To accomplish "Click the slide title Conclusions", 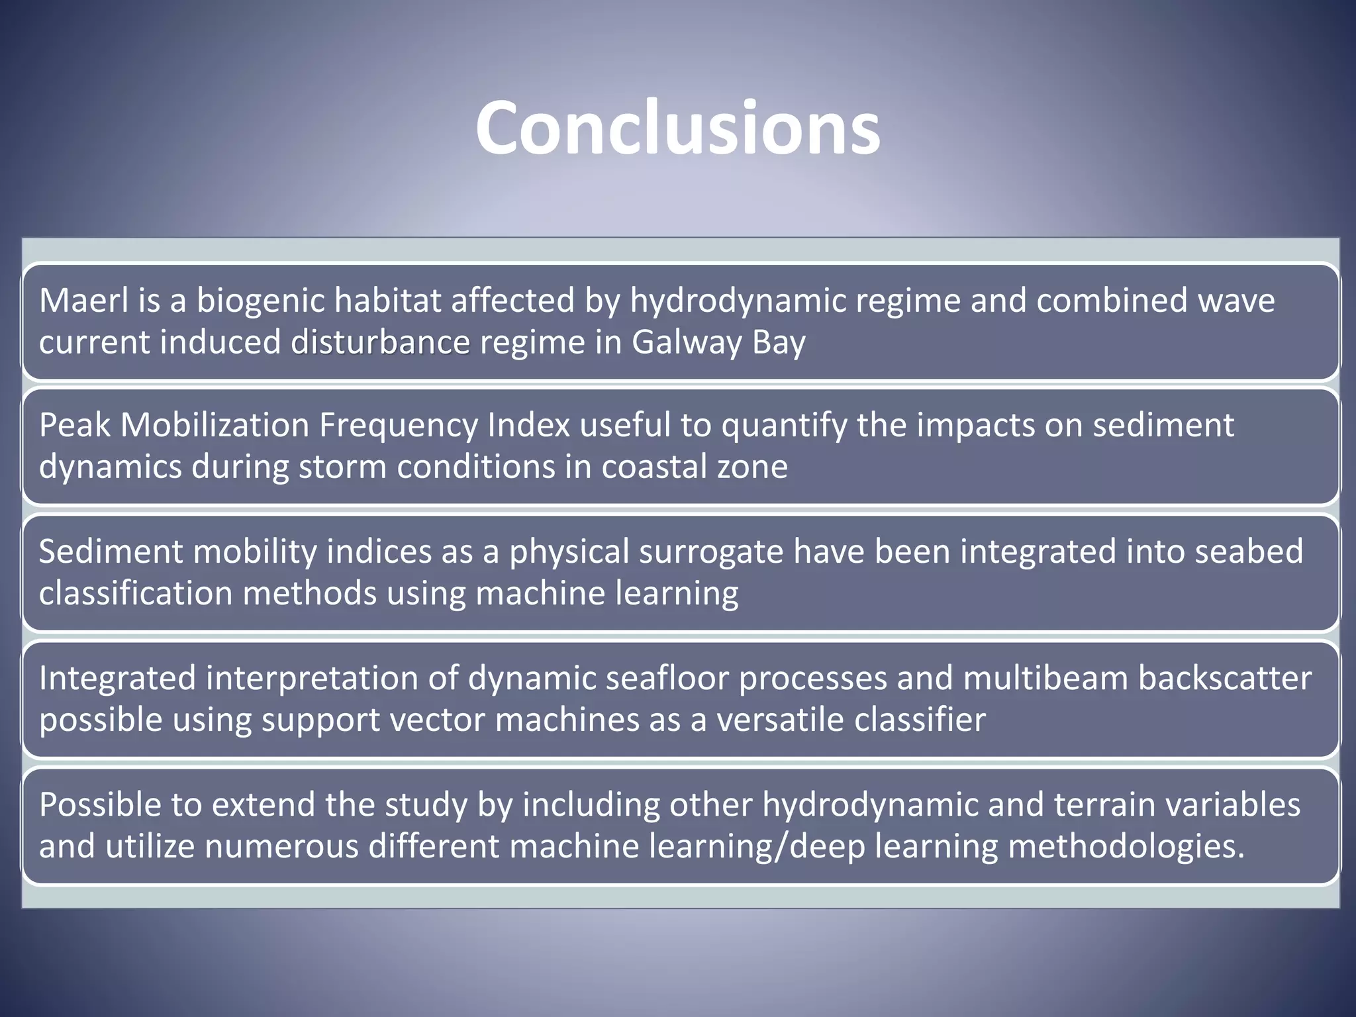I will (677, 128).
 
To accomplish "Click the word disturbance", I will (381, 343).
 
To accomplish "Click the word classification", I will (136, 593).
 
